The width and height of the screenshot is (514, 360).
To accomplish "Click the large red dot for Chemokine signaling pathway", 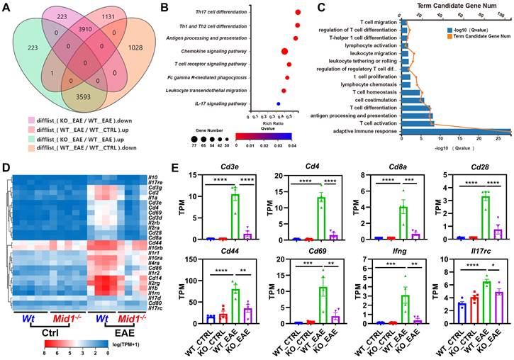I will [284, 51].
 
